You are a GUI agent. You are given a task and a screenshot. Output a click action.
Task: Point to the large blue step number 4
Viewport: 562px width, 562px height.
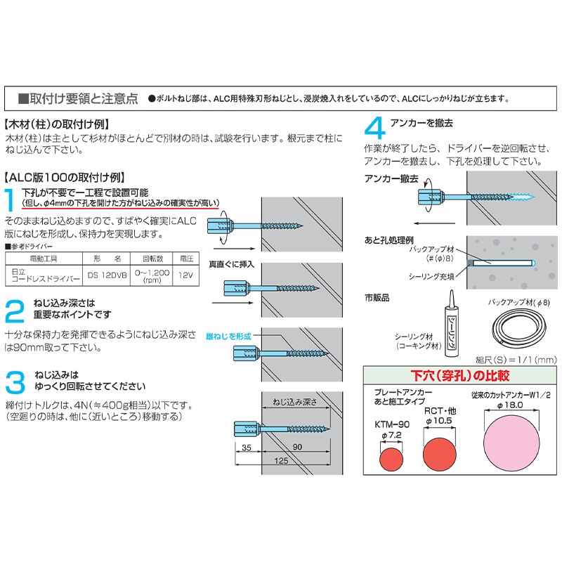pos(375,129)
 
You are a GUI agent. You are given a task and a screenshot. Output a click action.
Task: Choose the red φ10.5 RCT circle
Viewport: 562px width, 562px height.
pos(439,452)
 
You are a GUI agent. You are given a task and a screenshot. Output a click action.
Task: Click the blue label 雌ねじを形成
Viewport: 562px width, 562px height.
pos(229,336)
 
